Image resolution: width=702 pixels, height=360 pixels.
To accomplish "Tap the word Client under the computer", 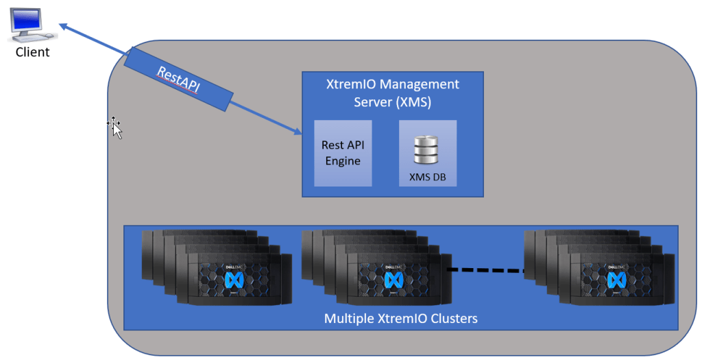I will point(33,52).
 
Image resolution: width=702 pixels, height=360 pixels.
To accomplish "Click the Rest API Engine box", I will point(343,153).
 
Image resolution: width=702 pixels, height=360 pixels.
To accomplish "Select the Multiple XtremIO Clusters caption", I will point(400,318).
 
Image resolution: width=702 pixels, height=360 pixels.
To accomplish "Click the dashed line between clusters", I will point(485,269).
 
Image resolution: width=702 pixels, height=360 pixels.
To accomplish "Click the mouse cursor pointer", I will point(116,128).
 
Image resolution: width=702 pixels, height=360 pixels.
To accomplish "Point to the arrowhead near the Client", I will point(63,27).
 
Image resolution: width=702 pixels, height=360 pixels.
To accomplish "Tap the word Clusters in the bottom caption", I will point(451,318).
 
